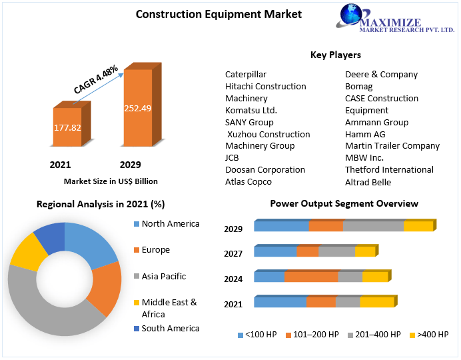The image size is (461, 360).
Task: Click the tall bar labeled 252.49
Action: tap(138, 108)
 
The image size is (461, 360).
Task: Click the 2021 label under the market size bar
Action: tap(60, 165)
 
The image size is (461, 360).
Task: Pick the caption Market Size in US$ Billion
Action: tap(111, 181)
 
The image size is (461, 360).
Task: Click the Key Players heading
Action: tap(336, 55)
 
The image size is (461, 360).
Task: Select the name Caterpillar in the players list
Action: tap(246, 75)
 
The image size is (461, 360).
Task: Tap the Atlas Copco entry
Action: tap(248, 181)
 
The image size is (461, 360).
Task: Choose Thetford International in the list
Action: tap(389, 169)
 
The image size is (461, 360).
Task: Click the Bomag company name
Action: tap(358, 87)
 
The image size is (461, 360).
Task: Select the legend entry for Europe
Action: tap(155, 250)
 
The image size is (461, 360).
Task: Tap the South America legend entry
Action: tap(170, 328)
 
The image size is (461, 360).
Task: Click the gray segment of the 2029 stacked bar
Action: tap(373, 226)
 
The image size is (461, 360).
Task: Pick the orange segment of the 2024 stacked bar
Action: tap(311, 277)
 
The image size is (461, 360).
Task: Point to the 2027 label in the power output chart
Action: tap(233, 253)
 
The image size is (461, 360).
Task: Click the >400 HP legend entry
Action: tap(432, 334)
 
